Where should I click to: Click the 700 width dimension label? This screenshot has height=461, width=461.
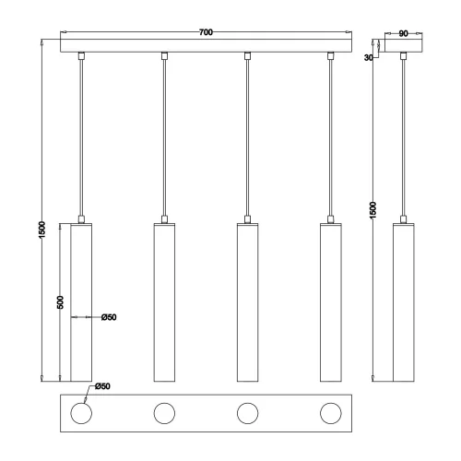tap(206, 33)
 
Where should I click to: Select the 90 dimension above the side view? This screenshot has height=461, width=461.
tap(404, 33)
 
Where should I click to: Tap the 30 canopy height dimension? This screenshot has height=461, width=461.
tap(370, 56)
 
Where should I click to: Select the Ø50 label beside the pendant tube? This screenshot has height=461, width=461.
tap(109, 317)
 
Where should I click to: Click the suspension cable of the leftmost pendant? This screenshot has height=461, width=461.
tap(82, 138)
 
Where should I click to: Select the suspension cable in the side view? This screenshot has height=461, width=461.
tap(404, 138)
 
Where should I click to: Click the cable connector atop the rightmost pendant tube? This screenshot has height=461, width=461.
tap(330, 219)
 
